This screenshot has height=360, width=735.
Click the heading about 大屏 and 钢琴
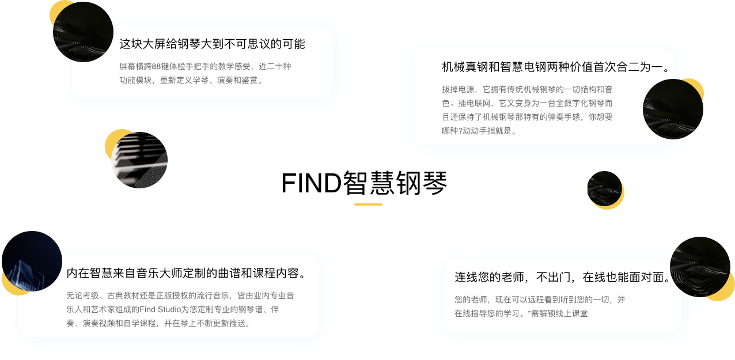(212, 44)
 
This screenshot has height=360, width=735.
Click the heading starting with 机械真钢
(556, 67)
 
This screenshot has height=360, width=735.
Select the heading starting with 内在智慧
(186, 273)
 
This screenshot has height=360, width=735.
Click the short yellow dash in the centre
(368, 204)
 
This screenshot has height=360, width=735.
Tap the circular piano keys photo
(139, 160)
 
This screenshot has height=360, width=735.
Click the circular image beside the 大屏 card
(82, 32)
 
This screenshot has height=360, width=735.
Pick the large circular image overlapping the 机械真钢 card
(672, 109)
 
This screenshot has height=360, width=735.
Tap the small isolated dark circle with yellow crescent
(604, 189)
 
